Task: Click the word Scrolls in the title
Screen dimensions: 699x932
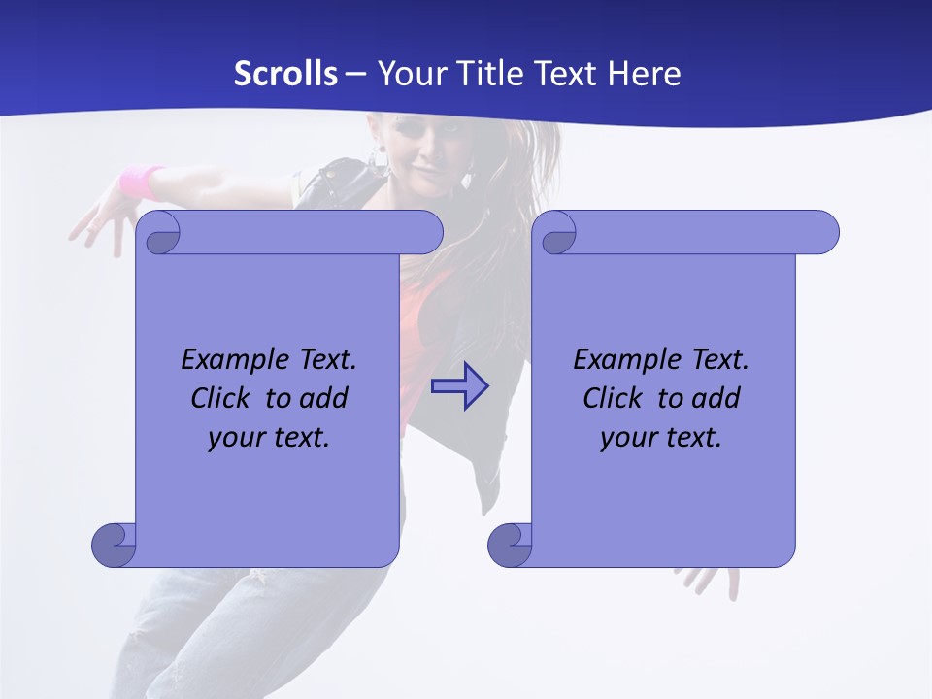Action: (285, 74)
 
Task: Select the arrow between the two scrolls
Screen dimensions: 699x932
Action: (460, 386)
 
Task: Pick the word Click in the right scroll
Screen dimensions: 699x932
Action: (612, 398)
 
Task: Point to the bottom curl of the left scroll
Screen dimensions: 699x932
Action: (115, 545)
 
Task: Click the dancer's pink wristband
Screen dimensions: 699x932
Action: (142, 181)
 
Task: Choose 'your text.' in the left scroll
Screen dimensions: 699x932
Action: (269, 437)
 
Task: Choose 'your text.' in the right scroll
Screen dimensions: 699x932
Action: (661, 437)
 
